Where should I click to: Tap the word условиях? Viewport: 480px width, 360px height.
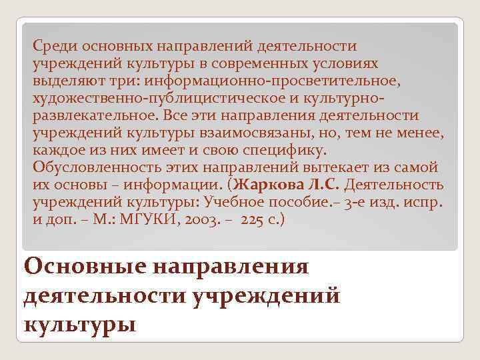point(345,64)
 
